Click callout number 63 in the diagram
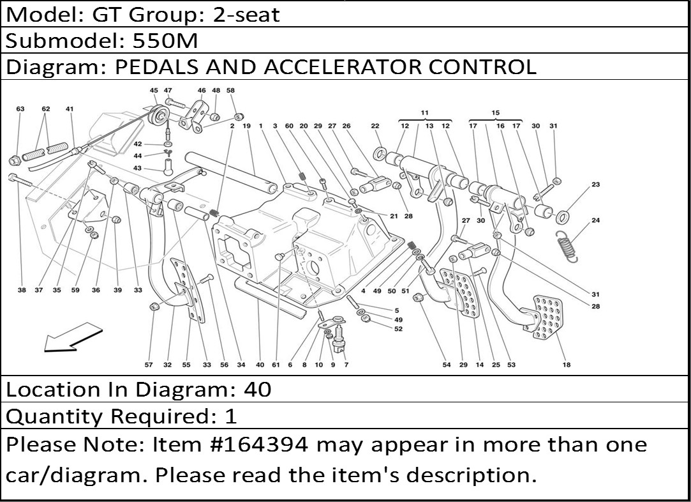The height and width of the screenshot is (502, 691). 20,109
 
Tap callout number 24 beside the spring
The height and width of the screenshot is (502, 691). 596,220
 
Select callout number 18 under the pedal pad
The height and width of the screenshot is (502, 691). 567,365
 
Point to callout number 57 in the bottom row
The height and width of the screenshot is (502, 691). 149,365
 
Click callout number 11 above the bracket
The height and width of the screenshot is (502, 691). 425,113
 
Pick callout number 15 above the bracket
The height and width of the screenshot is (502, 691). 496,113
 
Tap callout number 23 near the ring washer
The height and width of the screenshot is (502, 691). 596,185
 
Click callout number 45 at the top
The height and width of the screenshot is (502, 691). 154,91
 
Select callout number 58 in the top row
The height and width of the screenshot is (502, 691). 230,91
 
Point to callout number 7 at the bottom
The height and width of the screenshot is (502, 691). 346,365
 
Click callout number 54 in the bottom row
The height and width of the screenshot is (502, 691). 447,365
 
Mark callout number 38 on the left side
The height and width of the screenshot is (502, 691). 22,290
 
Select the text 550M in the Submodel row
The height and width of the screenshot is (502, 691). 165,41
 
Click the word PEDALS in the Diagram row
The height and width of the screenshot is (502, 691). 149,66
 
